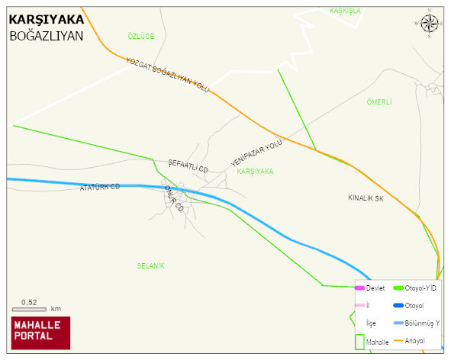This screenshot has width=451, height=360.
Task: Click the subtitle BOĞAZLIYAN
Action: coord(46,35)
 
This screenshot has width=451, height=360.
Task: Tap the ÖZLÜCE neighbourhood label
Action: coord(141,36)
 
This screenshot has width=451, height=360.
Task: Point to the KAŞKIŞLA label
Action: coord(344,11)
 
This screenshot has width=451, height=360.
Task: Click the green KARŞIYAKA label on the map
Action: coord(255,172)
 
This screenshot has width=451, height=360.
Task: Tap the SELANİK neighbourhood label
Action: coord(151,265)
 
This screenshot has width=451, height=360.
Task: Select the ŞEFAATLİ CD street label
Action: coord(188,166)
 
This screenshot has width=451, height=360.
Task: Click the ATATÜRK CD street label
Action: coord(100,187)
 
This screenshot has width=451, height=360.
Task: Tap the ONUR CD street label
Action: coord(175,200)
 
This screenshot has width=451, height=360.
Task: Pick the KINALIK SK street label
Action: coord(365,198)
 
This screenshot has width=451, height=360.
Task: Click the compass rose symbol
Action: coord(430,24)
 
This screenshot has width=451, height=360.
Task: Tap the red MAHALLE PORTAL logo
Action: coord(40,333)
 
